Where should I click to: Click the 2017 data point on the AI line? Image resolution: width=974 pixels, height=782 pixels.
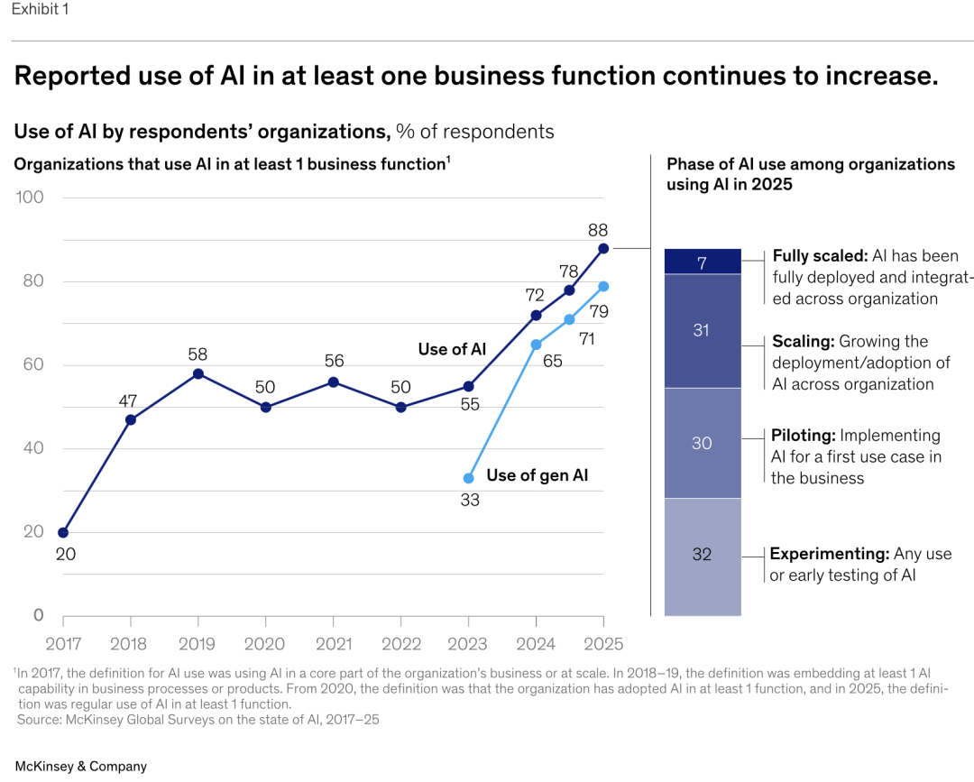(63, 532)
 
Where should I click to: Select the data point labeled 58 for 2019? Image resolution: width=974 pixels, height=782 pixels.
(198, 373)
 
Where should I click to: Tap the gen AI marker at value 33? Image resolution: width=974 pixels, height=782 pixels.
(468, 478)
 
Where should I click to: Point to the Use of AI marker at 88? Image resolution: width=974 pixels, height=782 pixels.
(603, 248)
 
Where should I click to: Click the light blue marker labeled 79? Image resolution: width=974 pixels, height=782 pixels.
(603, 286)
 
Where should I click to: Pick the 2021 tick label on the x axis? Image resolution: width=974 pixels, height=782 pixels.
(333, 644)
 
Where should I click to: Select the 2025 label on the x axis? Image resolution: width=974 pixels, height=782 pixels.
(602, 644)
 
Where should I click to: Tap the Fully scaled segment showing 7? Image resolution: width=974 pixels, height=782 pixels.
(703, 262)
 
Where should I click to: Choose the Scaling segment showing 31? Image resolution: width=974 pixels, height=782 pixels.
(703, 331)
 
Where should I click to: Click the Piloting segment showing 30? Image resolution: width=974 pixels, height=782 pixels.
(703, 443)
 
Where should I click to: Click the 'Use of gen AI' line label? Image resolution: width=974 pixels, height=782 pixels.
(537, 475)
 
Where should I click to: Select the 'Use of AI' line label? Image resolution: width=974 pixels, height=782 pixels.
(452, 349)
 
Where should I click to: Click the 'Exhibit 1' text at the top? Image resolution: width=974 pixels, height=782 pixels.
(40, 10)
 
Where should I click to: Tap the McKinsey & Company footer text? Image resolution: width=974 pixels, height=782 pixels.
(80, 766)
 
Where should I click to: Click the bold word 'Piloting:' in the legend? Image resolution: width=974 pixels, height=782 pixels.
(804, 436)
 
